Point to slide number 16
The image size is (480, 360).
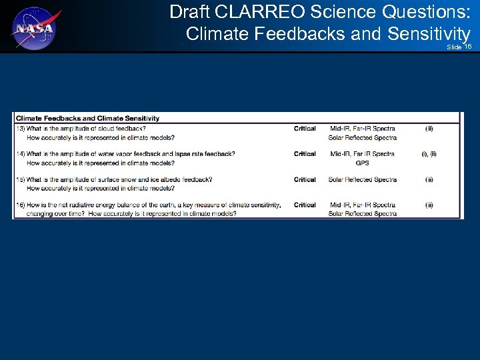pyautogui.click(x=468, y=47)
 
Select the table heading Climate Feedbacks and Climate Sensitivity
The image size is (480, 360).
pyautogui.click(x=87, y=119)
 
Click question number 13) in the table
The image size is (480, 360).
pyautogui.click(x=21, y=129)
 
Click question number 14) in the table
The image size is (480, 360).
pyautogui.click(x=21, y=154)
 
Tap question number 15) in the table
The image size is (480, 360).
pyautogui.click(x=21, y=179)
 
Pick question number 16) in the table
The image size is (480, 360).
pyautogui.click(x=21, y=205)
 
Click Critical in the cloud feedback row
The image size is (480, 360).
pyautogui.click(x=305, y=129)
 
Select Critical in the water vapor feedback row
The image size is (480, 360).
pyautogui.click(x=305, y=154)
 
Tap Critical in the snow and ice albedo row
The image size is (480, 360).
pyautogui.click(x=305, y=179)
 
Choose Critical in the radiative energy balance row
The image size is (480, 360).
pyautogui.click(x=305, y=205)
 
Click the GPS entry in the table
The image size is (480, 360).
pyautogui.click(x=362, y=163)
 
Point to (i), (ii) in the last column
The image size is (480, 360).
pyautogui.click(x=429, y=154)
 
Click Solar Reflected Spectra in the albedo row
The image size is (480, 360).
pyautogui.click(x=362, y=179)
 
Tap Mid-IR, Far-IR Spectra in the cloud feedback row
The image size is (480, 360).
pyautogui.click(x=362, y=129)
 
